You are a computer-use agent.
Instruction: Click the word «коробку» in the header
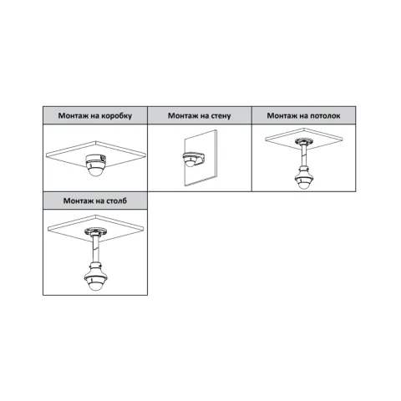116,116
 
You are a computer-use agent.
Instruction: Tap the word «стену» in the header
220,116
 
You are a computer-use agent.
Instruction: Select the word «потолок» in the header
325,115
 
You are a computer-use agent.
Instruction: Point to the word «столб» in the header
116,200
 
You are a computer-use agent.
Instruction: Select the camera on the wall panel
193,159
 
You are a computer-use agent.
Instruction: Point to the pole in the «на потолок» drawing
303,155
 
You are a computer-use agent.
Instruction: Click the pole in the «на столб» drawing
96,249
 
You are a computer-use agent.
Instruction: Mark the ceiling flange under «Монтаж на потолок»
303,141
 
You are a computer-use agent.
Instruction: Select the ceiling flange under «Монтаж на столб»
96,231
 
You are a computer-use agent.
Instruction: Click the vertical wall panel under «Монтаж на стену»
200,158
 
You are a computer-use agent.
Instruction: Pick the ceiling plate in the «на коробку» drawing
96,155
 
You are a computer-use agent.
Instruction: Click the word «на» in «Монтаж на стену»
203,116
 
